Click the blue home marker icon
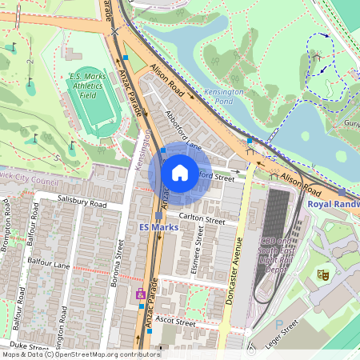(180, 173)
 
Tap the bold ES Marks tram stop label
(157, 227)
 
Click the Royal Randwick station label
(334, 204)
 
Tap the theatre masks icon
(323, 274)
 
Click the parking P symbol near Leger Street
(279, 325)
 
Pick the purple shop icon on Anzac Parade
(141, 294)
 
